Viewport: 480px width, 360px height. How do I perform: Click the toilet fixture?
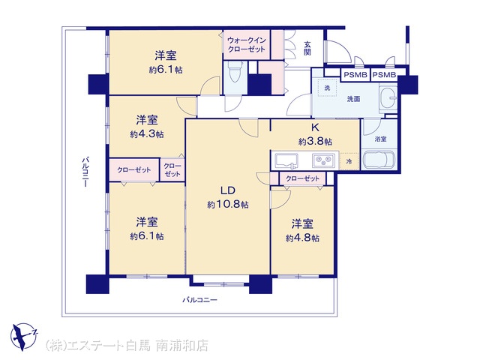(235, 73)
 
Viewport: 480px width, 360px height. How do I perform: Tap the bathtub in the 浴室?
(379, 159)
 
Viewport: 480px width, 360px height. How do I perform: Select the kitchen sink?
(286, 160)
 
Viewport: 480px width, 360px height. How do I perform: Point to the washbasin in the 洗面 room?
(388, 98)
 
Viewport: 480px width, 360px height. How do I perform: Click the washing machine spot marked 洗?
(327, 88)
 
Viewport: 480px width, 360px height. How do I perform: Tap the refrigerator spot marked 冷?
(349, 161)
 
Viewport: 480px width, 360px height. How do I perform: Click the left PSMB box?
(355, 75)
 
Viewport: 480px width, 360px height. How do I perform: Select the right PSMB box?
(384, 75)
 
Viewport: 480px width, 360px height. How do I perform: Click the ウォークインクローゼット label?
(247, 45)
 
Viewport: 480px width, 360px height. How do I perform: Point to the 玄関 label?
(307, 48)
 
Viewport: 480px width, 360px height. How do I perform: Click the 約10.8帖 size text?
(228, 205)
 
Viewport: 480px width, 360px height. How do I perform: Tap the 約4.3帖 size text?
(147, 134)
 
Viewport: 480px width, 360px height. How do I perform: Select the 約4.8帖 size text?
(302, 238)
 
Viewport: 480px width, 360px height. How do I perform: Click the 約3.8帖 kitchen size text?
(315, 142)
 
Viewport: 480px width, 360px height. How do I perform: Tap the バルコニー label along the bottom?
(199, 300)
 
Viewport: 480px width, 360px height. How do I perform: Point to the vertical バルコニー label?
(85, 172)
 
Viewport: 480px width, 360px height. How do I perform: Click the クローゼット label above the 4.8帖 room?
(302, 178)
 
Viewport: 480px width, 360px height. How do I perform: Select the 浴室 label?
(380, 139)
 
